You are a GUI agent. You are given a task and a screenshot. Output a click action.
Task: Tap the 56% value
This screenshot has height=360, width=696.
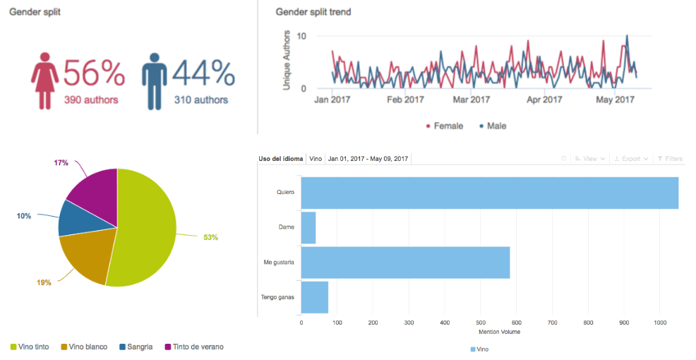[94, 73]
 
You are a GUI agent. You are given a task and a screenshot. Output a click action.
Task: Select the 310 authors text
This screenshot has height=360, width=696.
[201, 100]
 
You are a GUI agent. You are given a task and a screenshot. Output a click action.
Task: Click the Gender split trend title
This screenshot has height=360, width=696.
[313, 12]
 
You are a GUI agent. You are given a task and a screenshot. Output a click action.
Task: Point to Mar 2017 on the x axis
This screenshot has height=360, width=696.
[472, 100]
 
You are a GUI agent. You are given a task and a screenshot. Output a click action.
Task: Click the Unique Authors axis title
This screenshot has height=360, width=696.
[287, 59]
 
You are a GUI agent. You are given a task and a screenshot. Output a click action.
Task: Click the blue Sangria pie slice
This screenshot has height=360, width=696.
[73, 218]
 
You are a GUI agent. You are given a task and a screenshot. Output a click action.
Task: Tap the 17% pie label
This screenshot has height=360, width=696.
[61, 163]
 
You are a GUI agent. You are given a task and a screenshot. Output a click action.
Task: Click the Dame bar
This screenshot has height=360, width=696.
[308, 227]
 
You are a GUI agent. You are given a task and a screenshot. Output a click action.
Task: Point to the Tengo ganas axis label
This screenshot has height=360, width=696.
[277, 296]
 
